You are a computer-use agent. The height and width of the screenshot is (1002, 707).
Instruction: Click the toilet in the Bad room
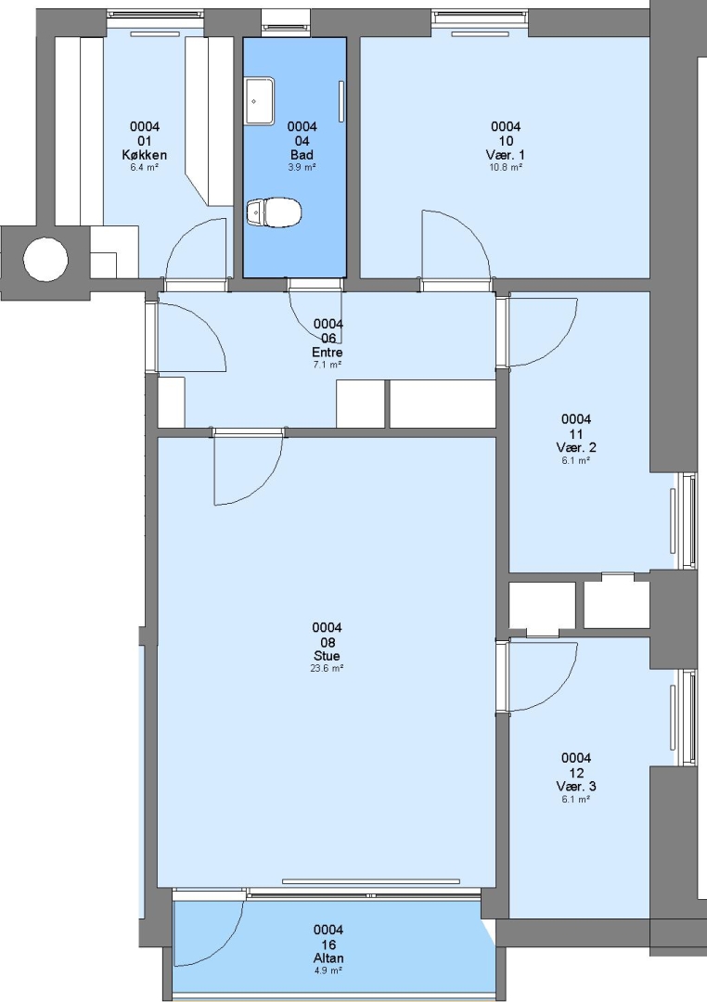tap(274, 212)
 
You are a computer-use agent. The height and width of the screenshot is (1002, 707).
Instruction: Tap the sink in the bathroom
tap(260, 101)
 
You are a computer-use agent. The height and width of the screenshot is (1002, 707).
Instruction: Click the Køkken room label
tap(145, 155)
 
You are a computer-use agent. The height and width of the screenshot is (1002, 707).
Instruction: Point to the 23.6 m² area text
tap(327, 668)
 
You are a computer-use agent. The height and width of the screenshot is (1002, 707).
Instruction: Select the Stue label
tap(327, 656)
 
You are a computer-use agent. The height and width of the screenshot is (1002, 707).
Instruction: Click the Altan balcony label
tap(328, 957)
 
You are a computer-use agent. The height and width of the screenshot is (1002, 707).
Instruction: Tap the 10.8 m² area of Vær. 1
tap(506, 167)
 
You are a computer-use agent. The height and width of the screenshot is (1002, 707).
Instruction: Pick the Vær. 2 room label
tap(576, 447)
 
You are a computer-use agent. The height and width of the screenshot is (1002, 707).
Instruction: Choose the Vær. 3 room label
tap(576, 786)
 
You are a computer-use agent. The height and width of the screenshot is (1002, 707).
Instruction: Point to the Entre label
tap(328, 353)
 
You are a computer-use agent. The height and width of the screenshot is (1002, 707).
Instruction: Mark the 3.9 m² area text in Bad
tap(302, 167)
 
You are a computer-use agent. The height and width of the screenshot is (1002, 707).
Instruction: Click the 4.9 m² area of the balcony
tap(328, 970)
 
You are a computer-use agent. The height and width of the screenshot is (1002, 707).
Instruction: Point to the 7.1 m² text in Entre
tap(328, 365)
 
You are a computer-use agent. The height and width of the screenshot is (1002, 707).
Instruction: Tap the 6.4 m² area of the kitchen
tap(145, 167)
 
